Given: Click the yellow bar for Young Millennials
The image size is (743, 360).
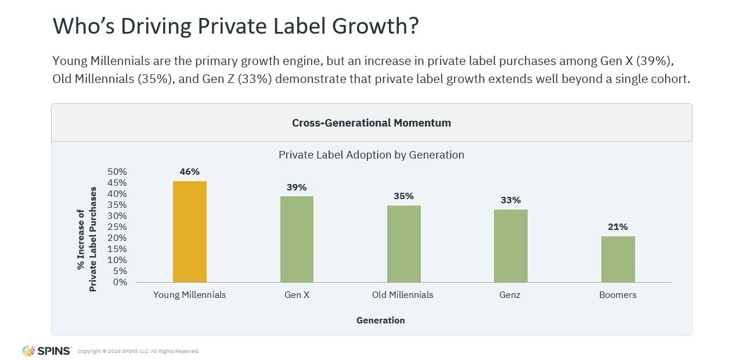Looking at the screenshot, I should click(190, 232).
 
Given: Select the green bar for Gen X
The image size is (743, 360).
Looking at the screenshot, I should click(297, 239).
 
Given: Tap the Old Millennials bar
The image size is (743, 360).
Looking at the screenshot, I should click(404, 244).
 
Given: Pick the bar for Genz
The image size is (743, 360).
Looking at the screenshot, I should click(511, 246).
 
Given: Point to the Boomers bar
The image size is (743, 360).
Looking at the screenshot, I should click(618, 259).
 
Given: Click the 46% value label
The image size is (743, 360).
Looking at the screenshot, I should click(190, 172).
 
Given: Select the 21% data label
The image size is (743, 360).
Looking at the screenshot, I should click(618, 227).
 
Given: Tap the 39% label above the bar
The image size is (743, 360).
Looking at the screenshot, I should click(297, 187).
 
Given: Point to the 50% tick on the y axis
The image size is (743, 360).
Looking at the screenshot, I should click(117, 172).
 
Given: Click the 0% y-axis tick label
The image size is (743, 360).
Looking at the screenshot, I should click(120, 282).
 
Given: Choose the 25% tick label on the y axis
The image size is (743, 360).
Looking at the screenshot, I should click(117, 227).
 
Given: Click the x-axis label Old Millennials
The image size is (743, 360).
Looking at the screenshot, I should click(403, 295).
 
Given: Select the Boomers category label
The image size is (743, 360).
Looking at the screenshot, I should click(618, 295).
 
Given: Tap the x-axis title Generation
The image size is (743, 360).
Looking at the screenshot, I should click(381, 321).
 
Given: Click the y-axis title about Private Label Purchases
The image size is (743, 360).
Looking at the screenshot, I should click(87, 239).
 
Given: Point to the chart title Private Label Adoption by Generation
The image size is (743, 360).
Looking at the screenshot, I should click(371, 155).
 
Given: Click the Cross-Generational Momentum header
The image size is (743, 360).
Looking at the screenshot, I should click(371, 123).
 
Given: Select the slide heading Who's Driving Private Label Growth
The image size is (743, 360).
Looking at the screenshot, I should click(236, 27).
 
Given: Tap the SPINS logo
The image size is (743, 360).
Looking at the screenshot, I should click(46, 351).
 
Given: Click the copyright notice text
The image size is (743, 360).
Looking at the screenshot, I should click(138, 351).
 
